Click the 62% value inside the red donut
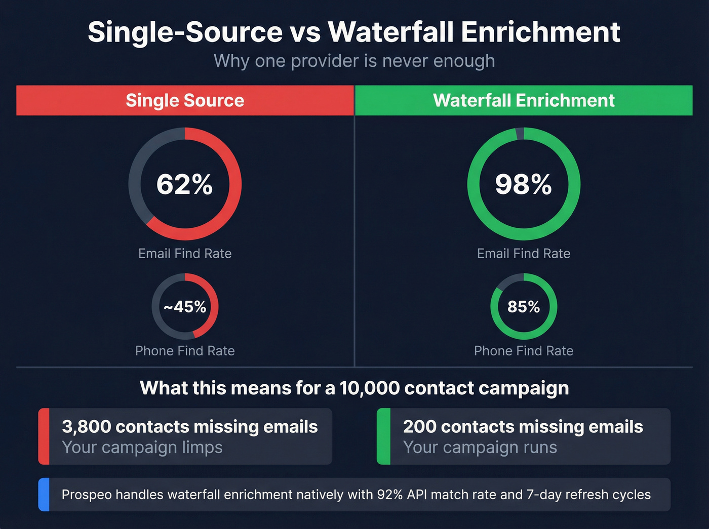pyautogui.click(x=184, y=184)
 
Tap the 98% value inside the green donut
pyautogui.click(x=523, y=184)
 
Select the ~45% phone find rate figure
pyautogui.click(x=185, y=307)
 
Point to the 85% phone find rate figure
pyautogui.click(x=524, y=307)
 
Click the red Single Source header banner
pyautogui.click(x=185, y=100)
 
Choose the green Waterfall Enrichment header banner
pyautogui.click(x=524, y=100)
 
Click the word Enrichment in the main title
pyautogui.click(x=540, y=32)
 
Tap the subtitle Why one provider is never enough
pyautogui.click(x=354, y=61)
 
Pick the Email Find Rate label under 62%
pyautogui.click(x=185, y=254)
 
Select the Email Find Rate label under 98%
pyautogui.click(x=524, y=254)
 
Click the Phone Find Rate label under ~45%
pyautogui.click(x=185, y=351)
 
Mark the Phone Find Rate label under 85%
pyautogui.click(x=524, y=351)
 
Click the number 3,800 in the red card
pyautogui.click(x=86, y=427)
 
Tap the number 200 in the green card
pyautogui.click(x=419, y=427)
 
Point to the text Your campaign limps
pyautogui.click(x=142, y=447)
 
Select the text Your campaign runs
pyautogui.click(x=480, y=447)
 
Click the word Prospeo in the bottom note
pyautogui.click(x=87, y=495)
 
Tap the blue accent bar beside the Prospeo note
pyautogui.click(x=44, y=495)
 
